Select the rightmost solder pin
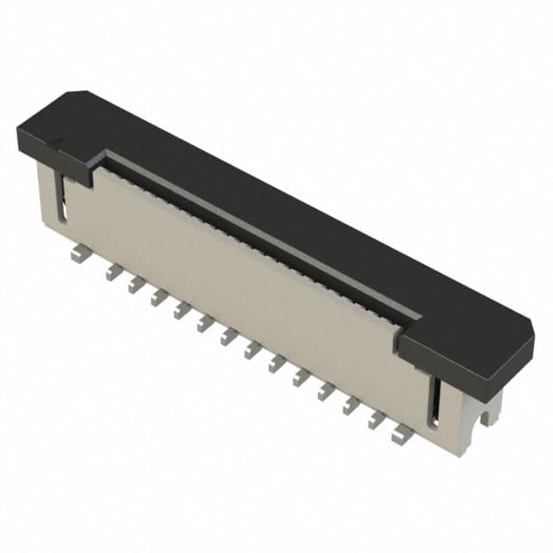coord(401,435)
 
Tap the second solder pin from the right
coord(376,421)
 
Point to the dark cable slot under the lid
coord(259,233)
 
